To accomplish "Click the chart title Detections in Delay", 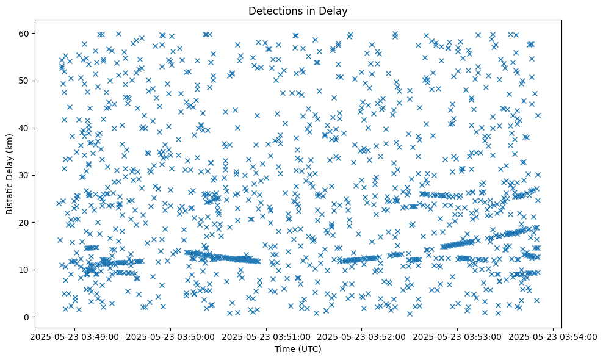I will [301, 10].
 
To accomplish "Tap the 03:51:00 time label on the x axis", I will [267, 336].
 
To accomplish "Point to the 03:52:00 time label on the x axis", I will [362, 336].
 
